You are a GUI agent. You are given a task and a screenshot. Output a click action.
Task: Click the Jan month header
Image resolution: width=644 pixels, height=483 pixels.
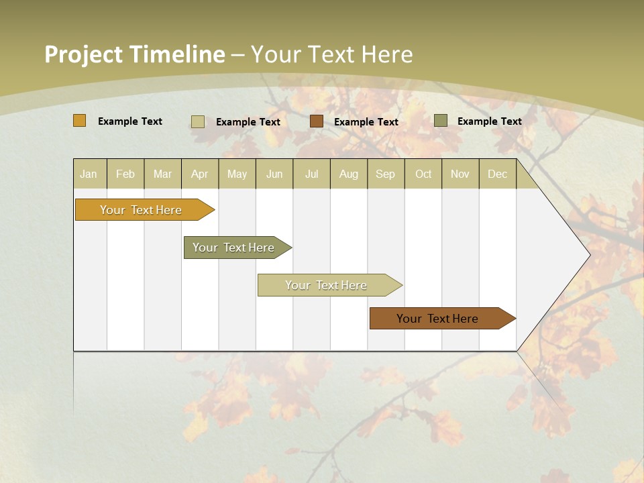pyautogui.click(x=89, y=174)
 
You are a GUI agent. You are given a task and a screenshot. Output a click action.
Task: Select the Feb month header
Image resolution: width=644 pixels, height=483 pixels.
pyautogui.click(x=125, y=174)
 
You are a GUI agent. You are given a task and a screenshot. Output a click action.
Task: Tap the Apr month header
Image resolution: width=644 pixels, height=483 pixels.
pyautogui.click(x=200, y=174)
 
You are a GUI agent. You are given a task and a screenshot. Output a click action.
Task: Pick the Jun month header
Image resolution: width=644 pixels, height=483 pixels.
pyautogui.click(x=274, y=174)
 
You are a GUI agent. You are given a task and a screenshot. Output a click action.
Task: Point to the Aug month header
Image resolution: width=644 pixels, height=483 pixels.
pyautogui.click(x=349, y=174)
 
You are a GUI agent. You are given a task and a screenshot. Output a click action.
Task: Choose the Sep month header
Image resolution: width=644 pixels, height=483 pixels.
pyautogui.click(x=386, y=174)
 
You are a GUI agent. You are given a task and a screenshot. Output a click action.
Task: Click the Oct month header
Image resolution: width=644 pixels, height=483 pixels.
pyautogui.click(x=423, y=174)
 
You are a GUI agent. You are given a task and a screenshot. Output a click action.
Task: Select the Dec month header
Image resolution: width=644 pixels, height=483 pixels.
pyautogui.click(x=498, y=174)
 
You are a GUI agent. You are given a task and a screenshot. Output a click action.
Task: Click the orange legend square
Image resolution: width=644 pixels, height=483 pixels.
pyautogui.click(x=80, y=121)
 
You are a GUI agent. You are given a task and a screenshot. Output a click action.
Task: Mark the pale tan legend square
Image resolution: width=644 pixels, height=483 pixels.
pyautogui.click(x=198, y=121)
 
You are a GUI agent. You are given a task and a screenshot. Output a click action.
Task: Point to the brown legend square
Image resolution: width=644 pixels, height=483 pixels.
pyautogui.click(x=317, y=121)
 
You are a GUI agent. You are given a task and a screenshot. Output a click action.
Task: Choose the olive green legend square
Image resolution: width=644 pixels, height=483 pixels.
pyautogui.click(x=441, y=121)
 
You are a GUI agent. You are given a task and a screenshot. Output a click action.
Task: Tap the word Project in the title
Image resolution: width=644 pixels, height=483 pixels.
pyautogui.click(x=83, y=54)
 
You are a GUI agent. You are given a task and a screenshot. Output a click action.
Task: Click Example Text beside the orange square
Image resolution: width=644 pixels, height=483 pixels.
pyautogui.click(x=130, y=121)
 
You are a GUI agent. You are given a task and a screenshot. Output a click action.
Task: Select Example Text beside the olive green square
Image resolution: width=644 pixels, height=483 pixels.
pyautogui.click(x=490, y=121)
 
